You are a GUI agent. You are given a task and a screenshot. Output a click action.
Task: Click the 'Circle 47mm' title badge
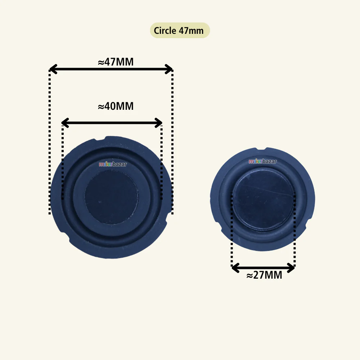[x=180, y=30]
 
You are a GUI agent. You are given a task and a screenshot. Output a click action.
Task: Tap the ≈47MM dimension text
[x=116, y=62]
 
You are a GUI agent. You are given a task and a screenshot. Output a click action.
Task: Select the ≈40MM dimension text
[x=116, y=106]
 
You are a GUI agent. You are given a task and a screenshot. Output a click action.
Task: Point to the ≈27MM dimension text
[x=264, y=275]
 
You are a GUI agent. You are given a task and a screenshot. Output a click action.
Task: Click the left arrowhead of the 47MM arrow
[x=53, y=69]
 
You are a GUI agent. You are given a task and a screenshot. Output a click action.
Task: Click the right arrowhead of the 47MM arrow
[x=169, y=69]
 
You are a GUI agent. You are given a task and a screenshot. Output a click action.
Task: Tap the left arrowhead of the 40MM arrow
[x=65, y=123]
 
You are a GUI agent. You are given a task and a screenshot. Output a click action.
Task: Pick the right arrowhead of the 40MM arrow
[x=159, y=123]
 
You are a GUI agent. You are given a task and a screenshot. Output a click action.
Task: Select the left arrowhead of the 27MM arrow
[x=235, y=268]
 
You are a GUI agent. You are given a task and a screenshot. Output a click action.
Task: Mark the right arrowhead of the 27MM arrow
[x=291, y=268]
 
